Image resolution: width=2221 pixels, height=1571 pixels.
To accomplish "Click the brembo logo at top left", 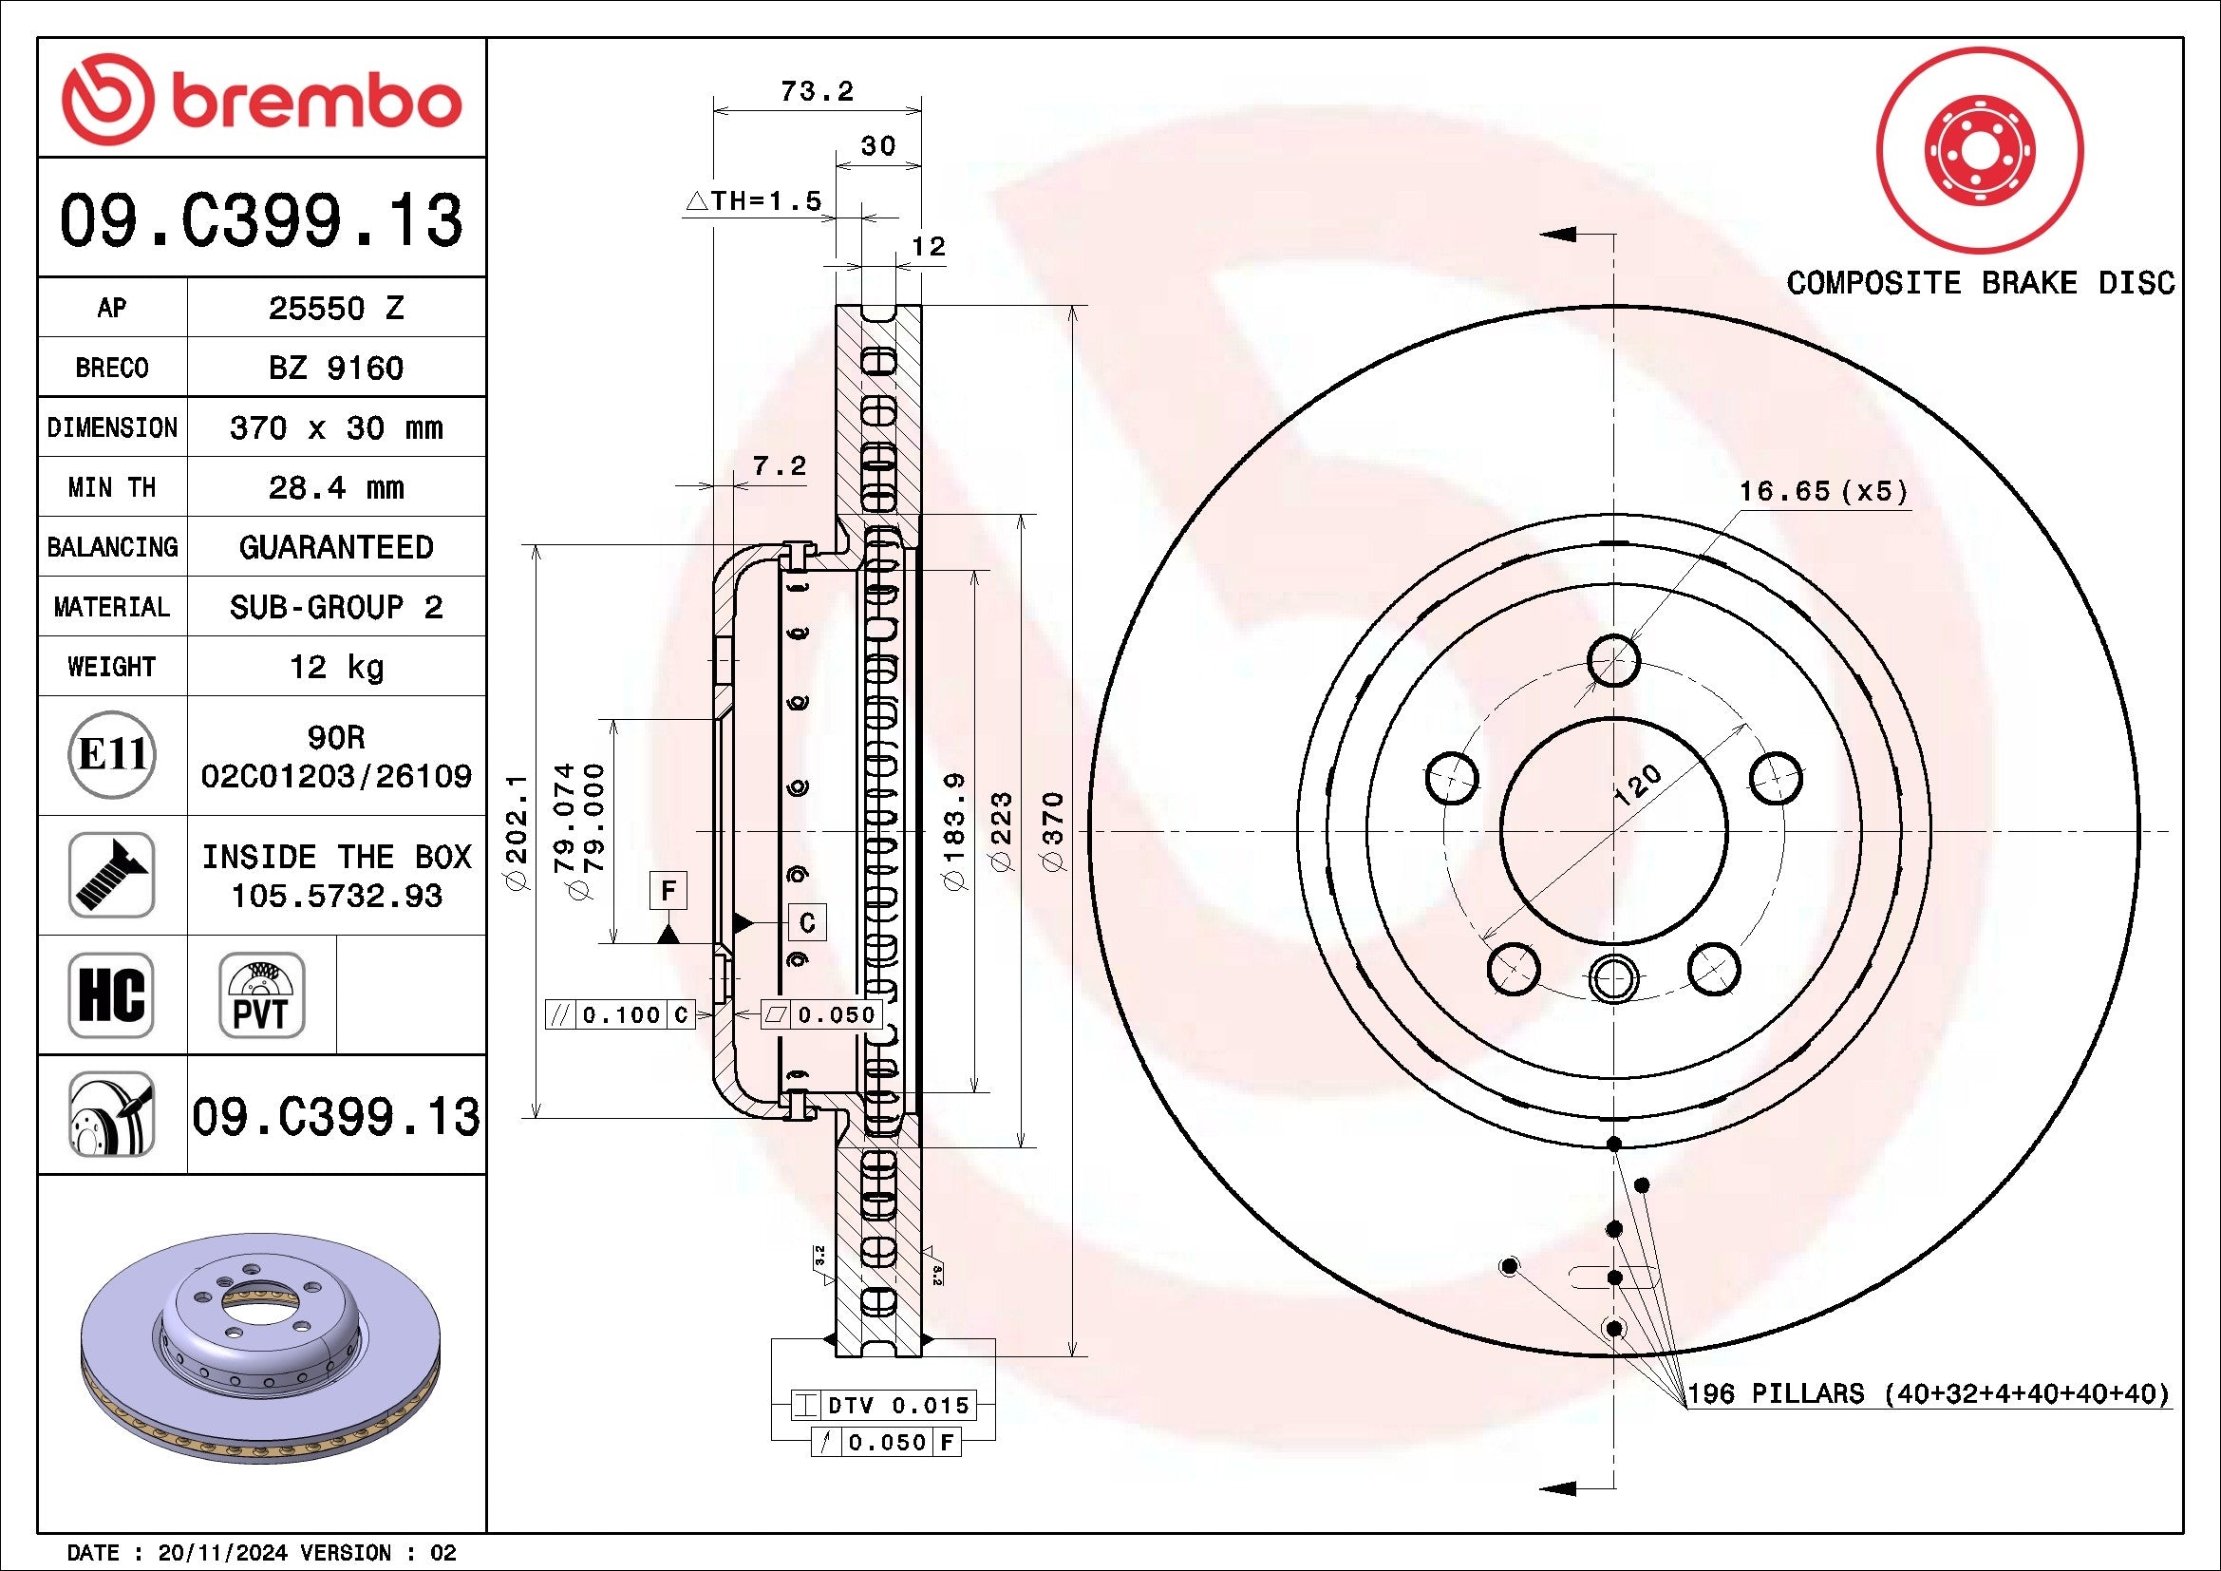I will point(261,100).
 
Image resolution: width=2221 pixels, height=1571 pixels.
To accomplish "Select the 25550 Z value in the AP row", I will point(335,308).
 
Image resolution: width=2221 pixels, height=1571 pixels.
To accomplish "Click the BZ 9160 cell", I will point(335,368).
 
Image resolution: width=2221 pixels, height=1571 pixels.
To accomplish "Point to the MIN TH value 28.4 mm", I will point(335,486).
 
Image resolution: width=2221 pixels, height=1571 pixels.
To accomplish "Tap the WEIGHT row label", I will point(111,667).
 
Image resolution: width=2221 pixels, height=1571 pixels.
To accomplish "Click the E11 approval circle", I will point(111,754).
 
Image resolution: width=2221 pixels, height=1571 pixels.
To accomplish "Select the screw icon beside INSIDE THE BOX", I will point(111,875).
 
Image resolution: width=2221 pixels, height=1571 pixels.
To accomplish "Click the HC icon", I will point(111,994).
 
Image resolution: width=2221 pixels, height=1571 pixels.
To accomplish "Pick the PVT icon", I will point(261,994).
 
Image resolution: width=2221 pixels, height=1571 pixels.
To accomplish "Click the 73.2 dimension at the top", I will point(817,91).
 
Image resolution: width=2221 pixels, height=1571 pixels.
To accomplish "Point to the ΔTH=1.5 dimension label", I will point(754,200).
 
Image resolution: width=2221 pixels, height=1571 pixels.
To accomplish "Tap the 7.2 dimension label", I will point(779,466).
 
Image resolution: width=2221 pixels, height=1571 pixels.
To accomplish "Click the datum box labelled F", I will point(668,890).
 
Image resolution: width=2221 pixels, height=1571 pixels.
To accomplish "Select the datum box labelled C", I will point(808,922).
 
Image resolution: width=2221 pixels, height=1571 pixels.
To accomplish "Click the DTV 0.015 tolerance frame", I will point(883,1405).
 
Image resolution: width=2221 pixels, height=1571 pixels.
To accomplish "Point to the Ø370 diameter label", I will point(1053,831).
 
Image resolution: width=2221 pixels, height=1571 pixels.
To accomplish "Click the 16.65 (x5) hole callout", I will point(1822,491).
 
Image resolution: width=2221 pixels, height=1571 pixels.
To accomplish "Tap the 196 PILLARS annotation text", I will point(1928,1394).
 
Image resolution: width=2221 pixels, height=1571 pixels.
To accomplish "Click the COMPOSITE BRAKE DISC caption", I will point(1980,282).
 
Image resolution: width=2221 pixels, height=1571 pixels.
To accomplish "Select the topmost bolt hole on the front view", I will point(1613,661).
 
